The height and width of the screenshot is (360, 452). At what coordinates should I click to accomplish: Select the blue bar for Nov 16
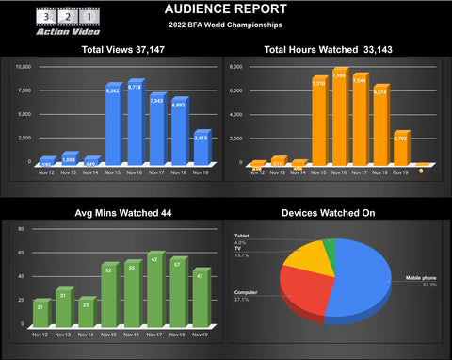point(135,123)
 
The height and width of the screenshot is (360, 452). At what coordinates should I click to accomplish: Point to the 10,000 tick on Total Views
point(25,67)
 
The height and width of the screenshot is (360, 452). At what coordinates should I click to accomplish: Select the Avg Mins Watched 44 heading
point(113,214)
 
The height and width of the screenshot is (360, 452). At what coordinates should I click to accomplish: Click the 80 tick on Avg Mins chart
point(21,227)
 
